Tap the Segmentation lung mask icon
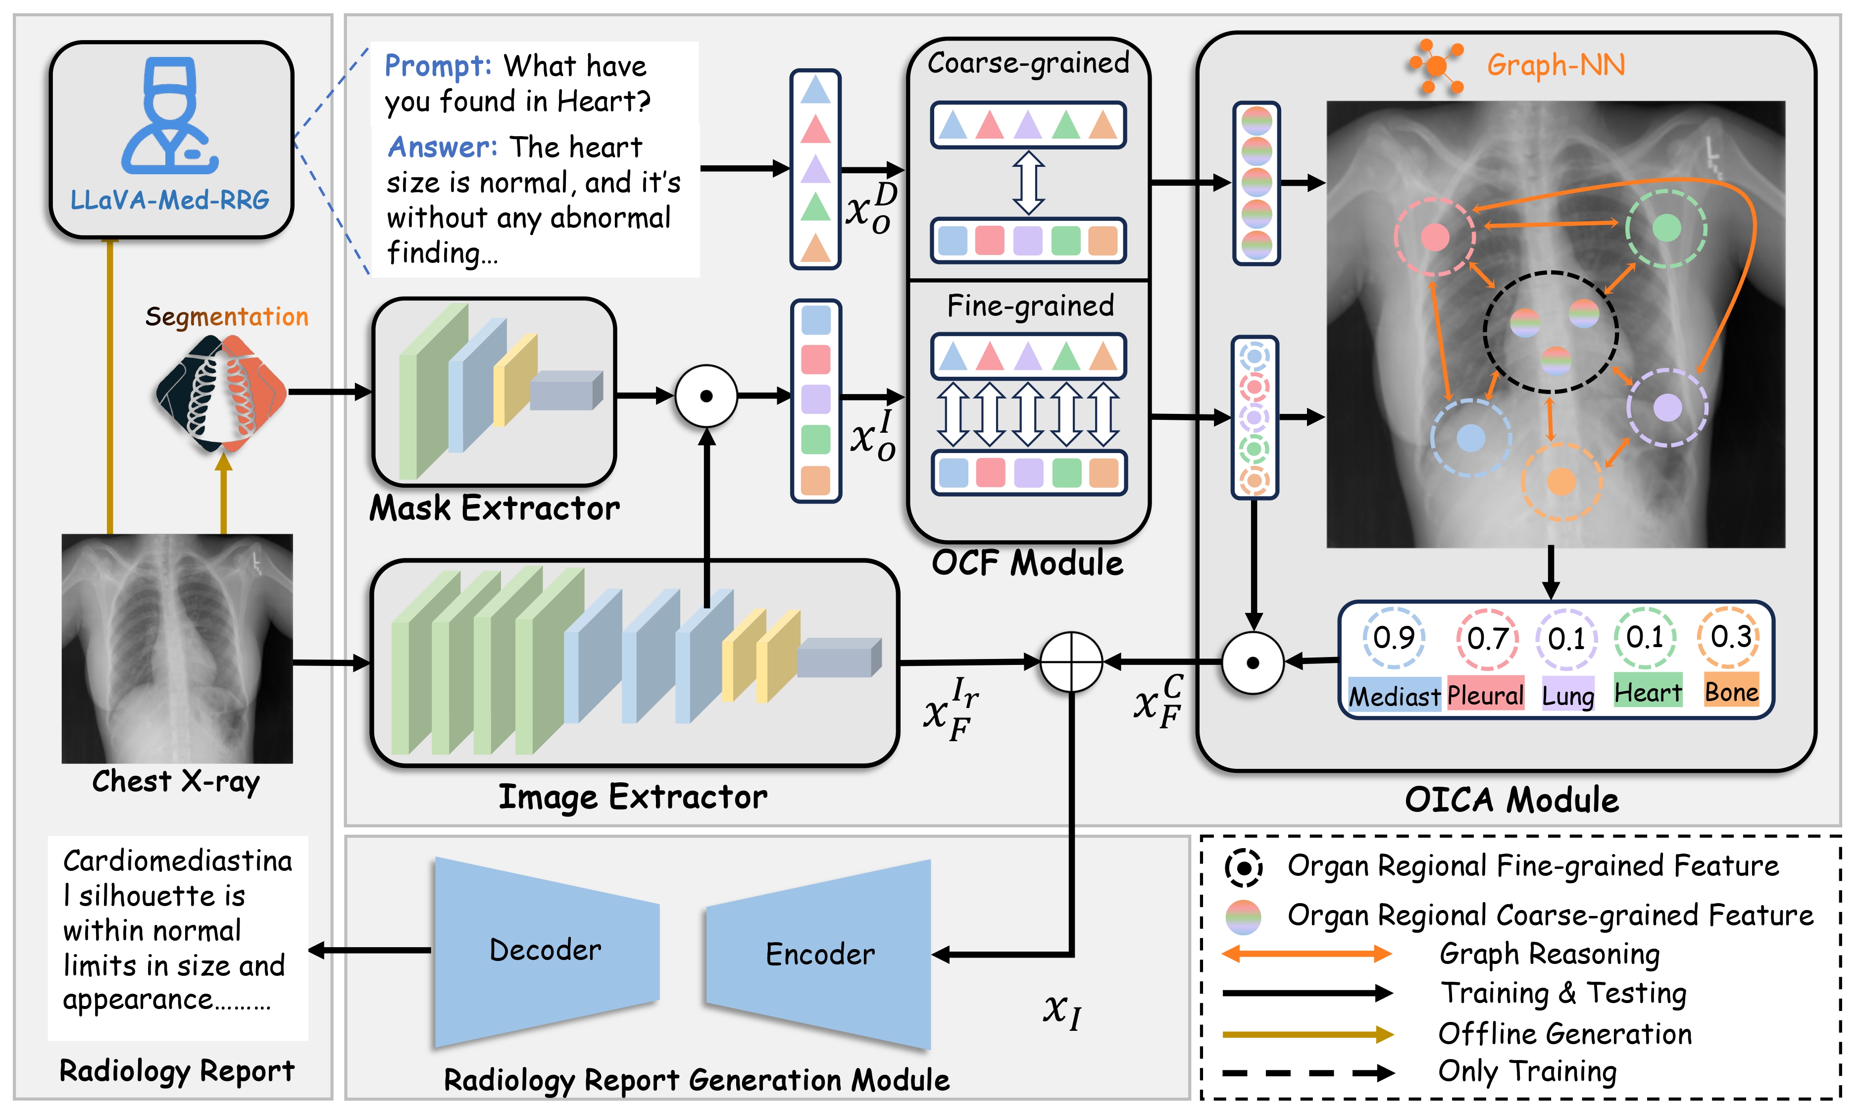click(221, 393)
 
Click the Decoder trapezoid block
click(546, 951)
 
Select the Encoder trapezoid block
click(819, 954)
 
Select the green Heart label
click(1648, 692)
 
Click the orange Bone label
click(1731, 691)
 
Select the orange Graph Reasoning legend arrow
click(1306, 954)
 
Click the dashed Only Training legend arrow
click(1306, 1073)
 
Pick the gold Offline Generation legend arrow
click(1306, 1034)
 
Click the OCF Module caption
click(1027, 563)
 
